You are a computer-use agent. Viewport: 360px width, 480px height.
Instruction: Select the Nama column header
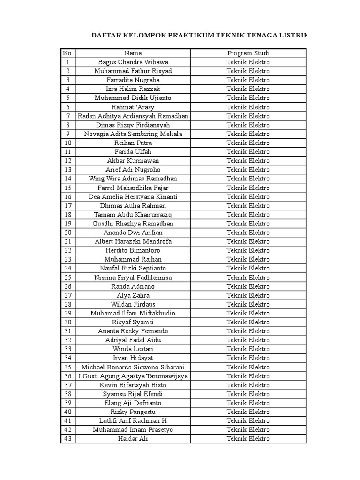pyautogui.click(x=133, y=53)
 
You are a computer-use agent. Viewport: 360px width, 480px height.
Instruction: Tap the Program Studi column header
pyautogui.click(x=248, y=53)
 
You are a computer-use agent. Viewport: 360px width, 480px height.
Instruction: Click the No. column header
pyautogui.click(x=68, y=53)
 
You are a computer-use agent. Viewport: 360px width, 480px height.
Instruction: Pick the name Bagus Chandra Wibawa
pyautogui.click(x=133, y=62)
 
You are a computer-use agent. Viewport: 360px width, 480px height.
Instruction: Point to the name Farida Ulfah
pyautogui.click(x=133, y=152)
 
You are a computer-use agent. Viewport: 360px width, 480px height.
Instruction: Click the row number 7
pyautogui.click(x=68, y=116)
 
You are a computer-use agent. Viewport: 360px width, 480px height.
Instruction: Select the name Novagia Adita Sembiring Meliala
pyautogui.click(x=133, y=134)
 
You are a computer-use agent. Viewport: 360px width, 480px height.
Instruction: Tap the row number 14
pyautogui.click(x=68, y=179)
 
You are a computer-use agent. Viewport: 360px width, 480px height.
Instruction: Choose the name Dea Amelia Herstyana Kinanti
pyautogui.click(x=133, y=197)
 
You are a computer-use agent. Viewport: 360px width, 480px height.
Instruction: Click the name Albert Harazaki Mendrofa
pyautogui.click(x=133, y=241)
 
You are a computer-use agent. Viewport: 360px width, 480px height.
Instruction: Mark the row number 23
pyautogui.click(x=68, y=259)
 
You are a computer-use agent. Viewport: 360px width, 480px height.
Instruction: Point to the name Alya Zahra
pyautogui.click(x=133, y=295)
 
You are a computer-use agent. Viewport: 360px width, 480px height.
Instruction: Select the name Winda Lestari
pyautogui.click(x=133, y=349)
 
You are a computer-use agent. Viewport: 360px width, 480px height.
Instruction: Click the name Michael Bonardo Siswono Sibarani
pyautogui.click(x=133, y=367)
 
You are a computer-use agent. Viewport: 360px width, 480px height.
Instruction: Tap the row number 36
pyautogui.click(x=68, y=376)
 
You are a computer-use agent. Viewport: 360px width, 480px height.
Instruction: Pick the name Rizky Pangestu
pyautogui.click(x=133, y=412)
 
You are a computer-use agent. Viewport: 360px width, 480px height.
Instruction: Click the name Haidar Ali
pyautogui.click(x=133, y=439)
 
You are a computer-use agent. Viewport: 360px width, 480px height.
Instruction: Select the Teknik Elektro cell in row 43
pyautogui.click(x=248, y=439)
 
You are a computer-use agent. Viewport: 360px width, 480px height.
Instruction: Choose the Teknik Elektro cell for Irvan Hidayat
pyautogui.click(x=248, y=358)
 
